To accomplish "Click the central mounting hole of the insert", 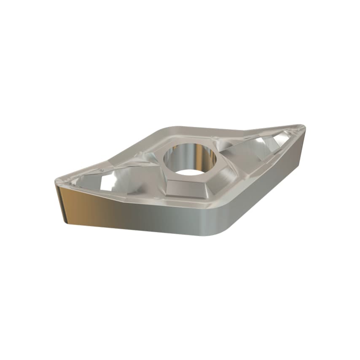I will [190, 159].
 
